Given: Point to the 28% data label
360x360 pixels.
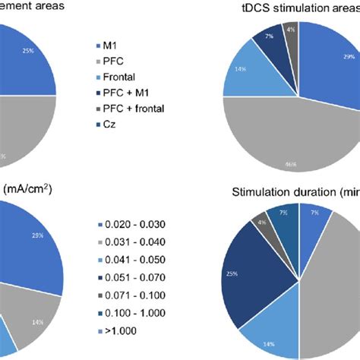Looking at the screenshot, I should pyautogui.click(x=36, y=236).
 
